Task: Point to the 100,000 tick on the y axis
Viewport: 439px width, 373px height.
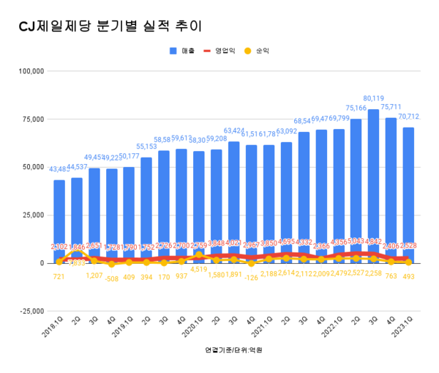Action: point(31,71)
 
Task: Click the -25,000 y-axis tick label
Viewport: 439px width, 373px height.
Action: point(31,311)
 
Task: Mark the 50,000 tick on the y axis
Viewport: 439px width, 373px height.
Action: point(33,167)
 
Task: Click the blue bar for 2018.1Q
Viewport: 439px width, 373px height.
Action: point(59,220)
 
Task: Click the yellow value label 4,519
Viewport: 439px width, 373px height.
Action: point(198,269)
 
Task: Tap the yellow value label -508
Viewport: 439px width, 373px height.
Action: point(111,278)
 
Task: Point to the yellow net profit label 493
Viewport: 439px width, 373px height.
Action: point(408,276)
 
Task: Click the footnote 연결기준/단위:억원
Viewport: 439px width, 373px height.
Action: point(234,350)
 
